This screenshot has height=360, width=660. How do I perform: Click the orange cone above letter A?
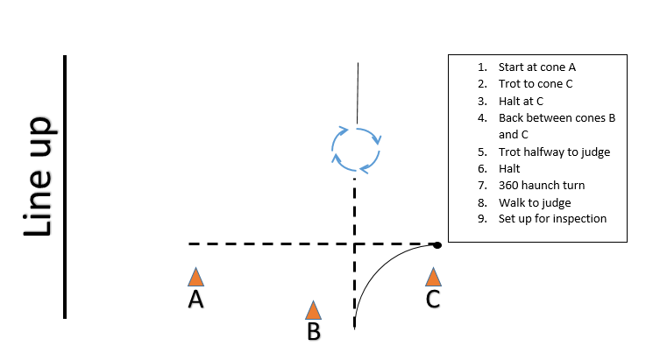(x=195, y=277)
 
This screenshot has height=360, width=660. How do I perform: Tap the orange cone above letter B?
(x=313, y=310)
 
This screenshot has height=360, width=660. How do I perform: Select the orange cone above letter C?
(x=433, y=277)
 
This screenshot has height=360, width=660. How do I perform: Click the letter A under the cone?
(x=195, y=300)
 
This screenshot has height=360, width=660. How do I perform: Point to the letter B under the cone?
(x=314, y=331)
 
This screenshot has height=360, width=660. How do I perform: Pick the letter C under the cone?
(x=433, y=300)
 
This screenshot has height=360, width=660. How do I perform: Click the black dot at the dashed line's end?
(x=437, y=245)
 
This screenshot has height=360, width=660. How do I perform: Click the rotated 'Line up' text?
(x=39, y=177)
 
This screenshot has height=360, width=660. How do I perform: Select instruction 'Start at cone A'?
(x=536, y=67)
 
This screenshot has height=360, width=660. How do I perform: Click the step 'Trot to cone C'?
(x=536, y=84)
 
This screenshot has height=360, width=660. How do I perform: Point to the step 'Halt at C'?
(x=521, y=102)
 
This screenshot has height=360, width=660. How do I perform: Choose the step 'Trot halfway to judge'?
(x=554, y=152)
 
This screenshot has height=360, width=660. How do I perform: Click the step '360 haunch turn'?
(x=542, y=186)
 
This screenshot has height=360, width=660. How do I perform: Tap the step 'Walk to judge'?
(x=535, y=202)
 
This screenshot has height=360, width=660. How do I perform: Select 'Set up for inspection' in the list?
(x=552, y=219)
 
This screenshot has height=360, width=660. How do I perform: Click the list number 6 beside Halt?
(x=482, y=169)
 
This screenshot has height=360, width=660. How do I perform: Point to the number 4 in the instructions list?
(x=482, y=118)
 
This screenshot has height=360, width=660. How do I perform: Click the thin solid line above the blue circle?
(x=358, y=94)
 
